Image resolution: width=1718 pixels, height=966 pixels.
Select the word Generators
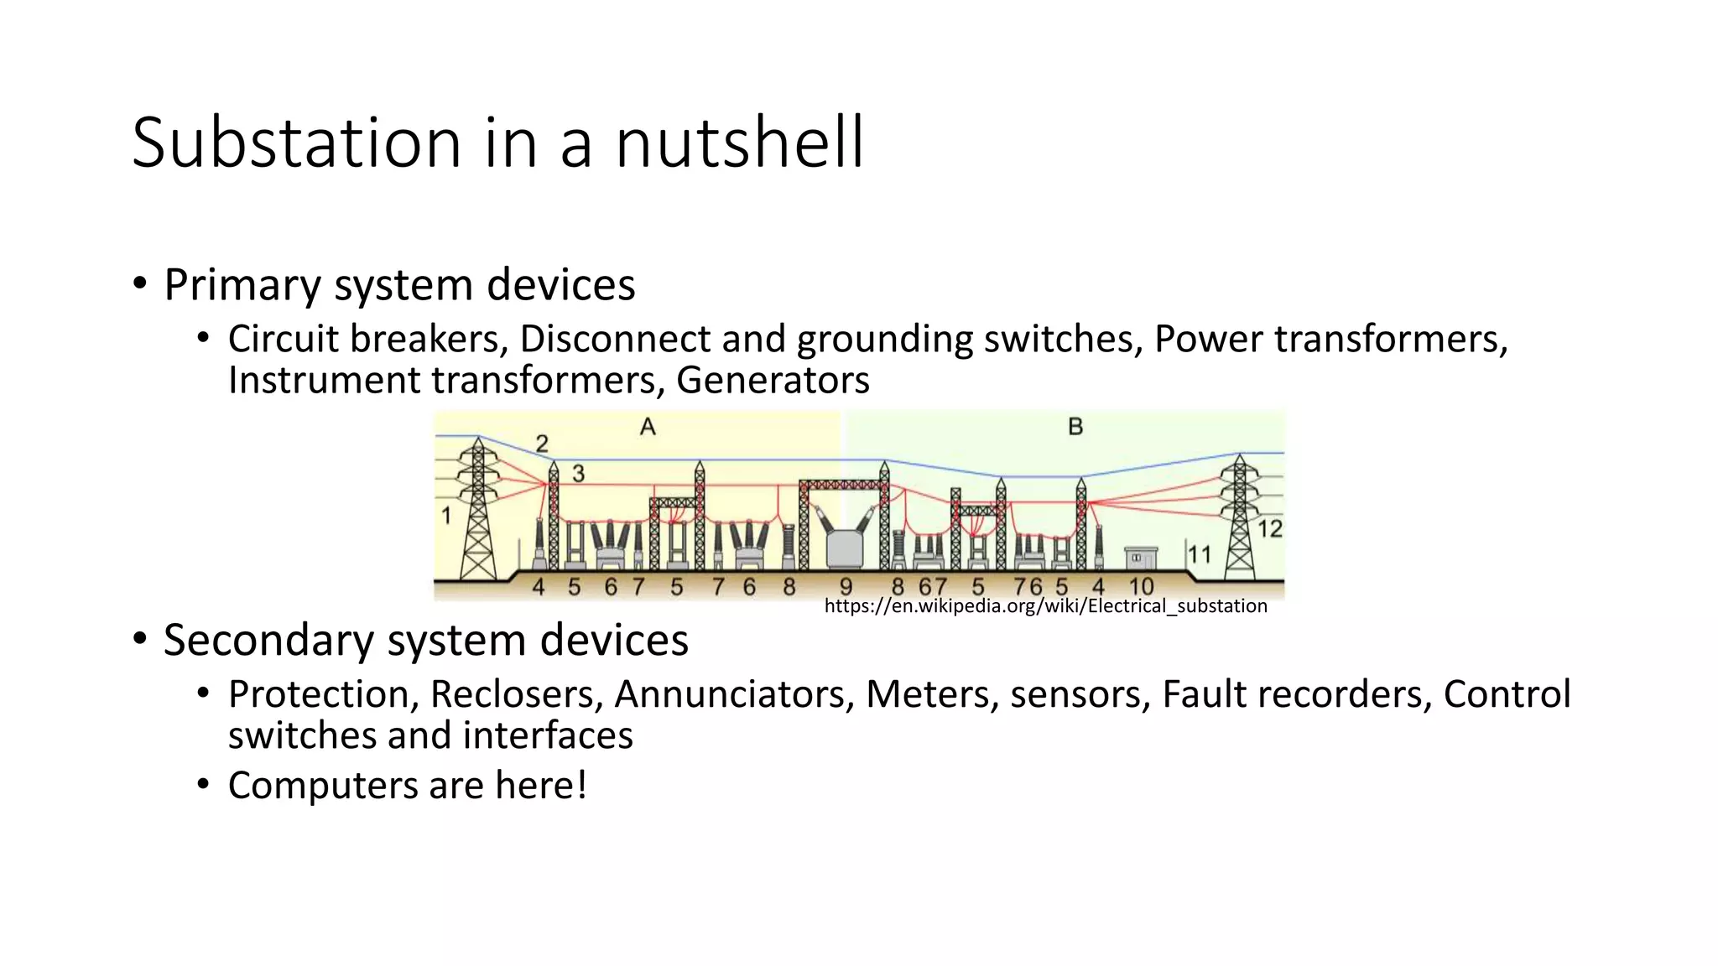(x=773, y=380)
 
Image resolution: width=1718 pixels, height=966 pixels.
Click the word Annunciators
(x=734, y=694)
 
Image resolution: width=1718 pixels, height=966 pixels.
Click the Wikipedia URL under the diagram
(x=1045, y=605)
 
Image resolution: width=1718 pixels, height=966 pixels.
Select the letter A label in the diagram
(x=648, y=428)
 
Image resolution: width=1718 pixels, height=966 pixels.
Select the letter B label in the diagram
(x=1075, y=428)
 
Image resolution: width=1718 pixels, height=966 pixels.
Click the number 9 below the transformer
(x=846, y=586)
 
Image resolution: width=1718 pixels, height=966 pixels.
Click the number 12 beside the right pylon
(x=1270, y=529)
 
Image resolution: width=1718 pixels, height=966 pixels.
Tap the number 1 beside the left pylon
(x=446, y=516)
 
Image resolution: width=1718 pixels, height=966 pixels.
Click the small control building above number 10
(x=1140, y=558)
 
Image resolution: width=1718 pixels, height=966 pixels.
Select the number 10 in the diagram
(x=1141, y=586)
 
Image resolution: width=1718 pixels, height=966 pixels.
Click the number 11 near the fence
(x=1200, y=554)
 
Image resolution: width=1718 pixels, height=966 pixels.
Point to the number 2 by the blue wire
(x=542, y=443)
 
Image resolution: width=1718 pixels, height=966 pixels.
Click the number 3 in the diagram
(x=578, y=474)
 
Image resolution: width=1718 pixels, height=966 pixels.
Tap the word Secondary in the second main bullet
(x=268, y=641)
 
